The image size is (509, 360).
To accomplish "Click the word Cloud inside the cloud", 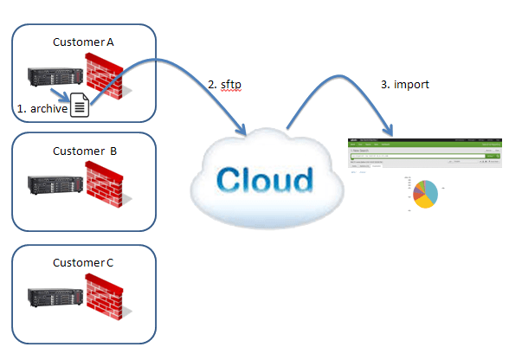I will pos(264,179).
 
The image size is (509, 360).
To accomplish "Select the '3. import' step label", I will pos(403,85).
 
